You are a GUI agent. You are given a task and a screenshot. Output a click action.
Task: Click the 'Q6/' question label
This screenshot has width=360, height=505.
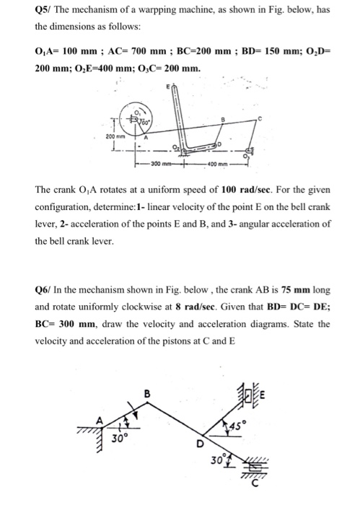point(45,290)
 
